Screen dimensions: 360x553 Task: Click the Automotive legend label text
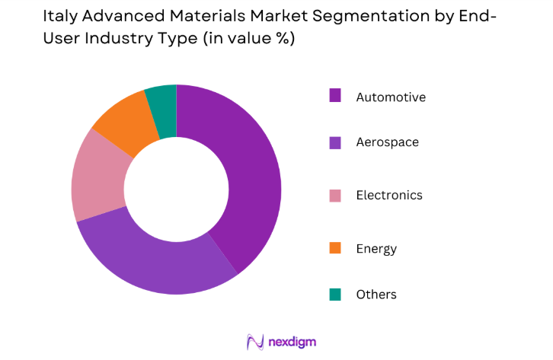click(x=391, y=97)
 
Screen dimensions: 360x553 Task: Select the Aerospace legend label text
click(x=387, y=142)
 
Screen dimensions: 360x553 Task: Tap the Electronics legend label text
click(x=388, y=195)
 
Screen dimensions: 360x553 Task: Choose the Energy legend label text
click(x=376, y=248)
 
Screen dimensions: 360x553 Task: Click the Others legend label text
click(x=376, y=294)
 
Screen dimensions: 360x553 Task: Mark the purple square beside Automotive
click(x=334, y=95)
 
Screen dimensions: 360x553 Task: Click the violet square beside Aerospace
click(x=334, y=141)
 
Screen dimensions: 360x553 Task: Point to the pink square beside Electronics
click(x=334, y=195)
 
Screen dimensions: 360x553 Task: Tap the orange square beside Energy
click(x=334, y=247)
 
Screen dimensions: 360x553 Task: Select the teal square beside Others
click(x=334, y=293)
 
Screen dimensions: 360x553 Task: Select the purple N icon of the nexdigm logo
click(x=254, y=342)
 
